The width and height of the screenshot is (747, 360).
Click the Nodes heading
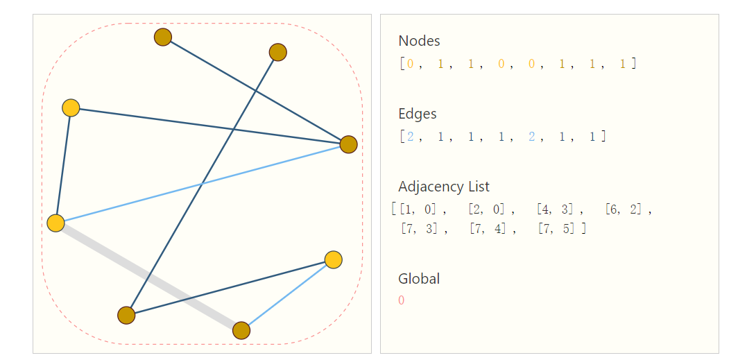[x=419, y=41]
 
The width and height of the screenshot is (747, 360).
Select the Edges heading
[x=417, y=114]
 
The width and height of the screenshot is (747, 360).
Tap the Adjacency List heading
[x=443, y=187]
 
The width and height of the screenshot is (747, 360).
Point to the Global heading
[x=418, y=279]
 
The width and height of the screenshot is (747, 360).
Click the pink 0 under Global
[x=402, y=300]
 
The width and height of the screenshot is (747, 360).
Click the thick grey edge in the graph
[x=148, y=277]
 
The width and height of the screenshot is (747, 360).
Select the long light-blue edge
[x=202, y=184]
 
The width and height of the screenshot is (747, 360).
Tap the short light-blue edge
[x=287, y=295]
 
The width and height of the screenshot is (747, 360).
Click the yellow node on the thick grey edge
[x=55, y=223]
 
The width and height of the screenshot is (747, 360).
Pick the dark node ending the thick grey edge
[x=241, y=331]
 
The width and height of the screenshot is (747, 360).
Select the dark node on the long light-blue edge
[x=348, y=144]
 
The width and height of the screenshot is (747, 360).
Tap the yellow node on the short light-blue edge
[x=334, y=259]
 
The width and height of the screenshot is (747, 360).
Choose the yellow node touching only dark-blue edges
[x=71, y=108]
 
